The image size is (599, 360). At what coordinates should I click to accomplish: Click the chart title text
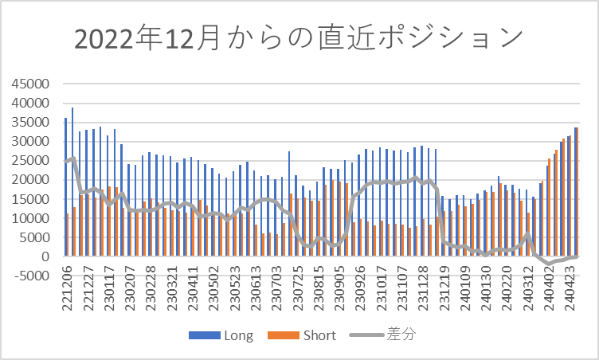299,38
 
